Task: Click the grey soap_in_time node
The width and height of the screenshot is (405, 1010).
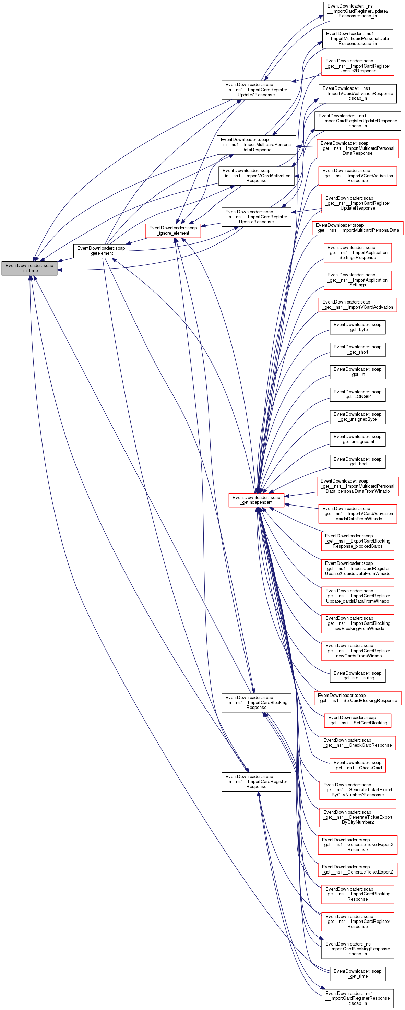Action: pyautogui.click(x=29, y=268)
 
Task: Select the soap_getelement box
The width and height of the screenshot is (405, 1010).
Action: pyautogui.click(x=101, y=251)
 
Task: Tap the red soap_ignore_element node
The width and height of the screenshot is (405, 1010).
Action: pyautogui.click(x=173, y=230)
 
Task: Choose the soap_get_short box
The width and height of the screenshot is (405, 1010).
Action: pyautogui.click(x=357, y=349)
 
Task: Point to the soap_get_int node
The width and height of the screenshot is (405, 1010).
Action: pyautogui.click(x=357, y=372)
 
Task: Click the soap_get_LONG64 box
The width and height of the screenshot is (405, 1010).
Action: pyautogui.click(x=357, y=394)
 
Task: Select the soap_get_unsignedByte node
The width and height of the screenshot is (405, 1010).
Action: pyautogui.click(x=357, y=416)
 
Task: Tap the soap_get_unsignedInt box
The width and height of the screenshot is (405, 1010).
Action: pyautogui.click(x=357, y=439)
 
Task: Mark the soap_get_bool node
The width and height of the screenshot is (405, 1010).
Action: pyautogui.click(x=357, y=462)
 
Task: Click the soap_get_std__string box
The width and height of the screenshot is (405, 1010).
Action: pyautogui.click(x=357, y=675)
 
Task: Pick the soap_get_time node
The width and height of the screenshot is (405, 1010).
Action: pyautogui.click(x=357, y=974)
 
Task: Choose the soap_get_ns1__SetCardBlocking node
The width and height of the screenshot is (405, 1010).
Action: pyautogui.click(x=357, y=720)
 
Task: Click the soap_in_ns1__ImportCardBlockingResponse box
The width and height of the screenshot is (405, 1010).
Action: pyautogui.click(x=256, y=702)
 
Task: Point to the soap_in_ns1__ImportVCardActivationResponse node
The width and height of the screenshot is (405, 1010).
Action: pyautogui.click(x=256, y=176)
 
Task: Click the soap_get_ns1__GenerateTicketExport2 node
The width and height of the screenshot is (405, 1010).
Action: pyautogui.click(x=357, y=869)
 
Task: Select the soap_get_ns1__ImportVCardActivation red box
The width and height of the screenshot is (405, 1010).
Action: pyautogui.click(x=357, y=305)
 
